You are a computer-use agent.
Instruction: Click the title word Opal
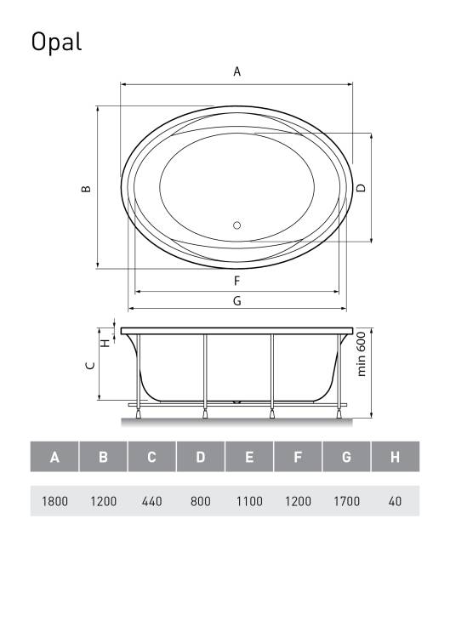pos(56,42)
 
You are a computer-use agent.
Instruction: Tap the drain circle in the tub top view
pos(236,225)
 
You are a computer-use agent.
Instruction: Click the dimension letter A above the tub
pos(236,71)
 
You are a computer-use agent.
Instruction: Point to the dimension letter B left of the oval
pos(86,188)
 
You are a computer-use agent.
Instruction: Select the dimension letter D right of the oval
pos(361,188)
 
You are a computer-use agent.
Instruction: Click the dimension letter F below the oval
pos(236,281)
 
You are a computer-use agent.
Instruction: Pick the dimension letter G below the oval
pos(236,300)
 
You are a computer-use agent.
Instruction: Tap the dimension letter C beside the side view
pos(90,366)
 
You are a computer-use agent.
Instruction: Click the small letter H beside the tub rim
pos(105,343)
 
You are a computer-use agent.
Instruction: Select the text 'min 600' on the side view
pos(362,354)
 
